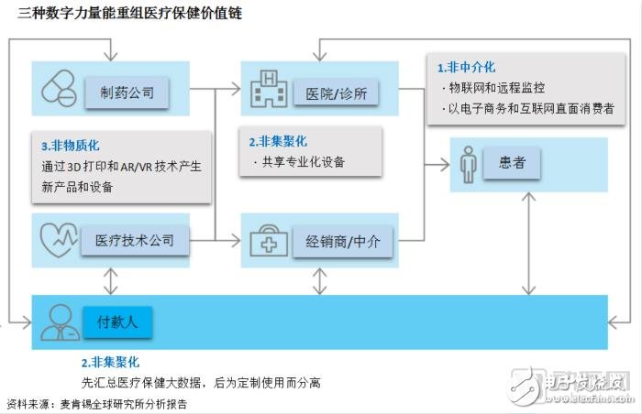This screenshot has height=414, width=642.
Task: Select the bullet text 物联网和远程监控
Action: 499,88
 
